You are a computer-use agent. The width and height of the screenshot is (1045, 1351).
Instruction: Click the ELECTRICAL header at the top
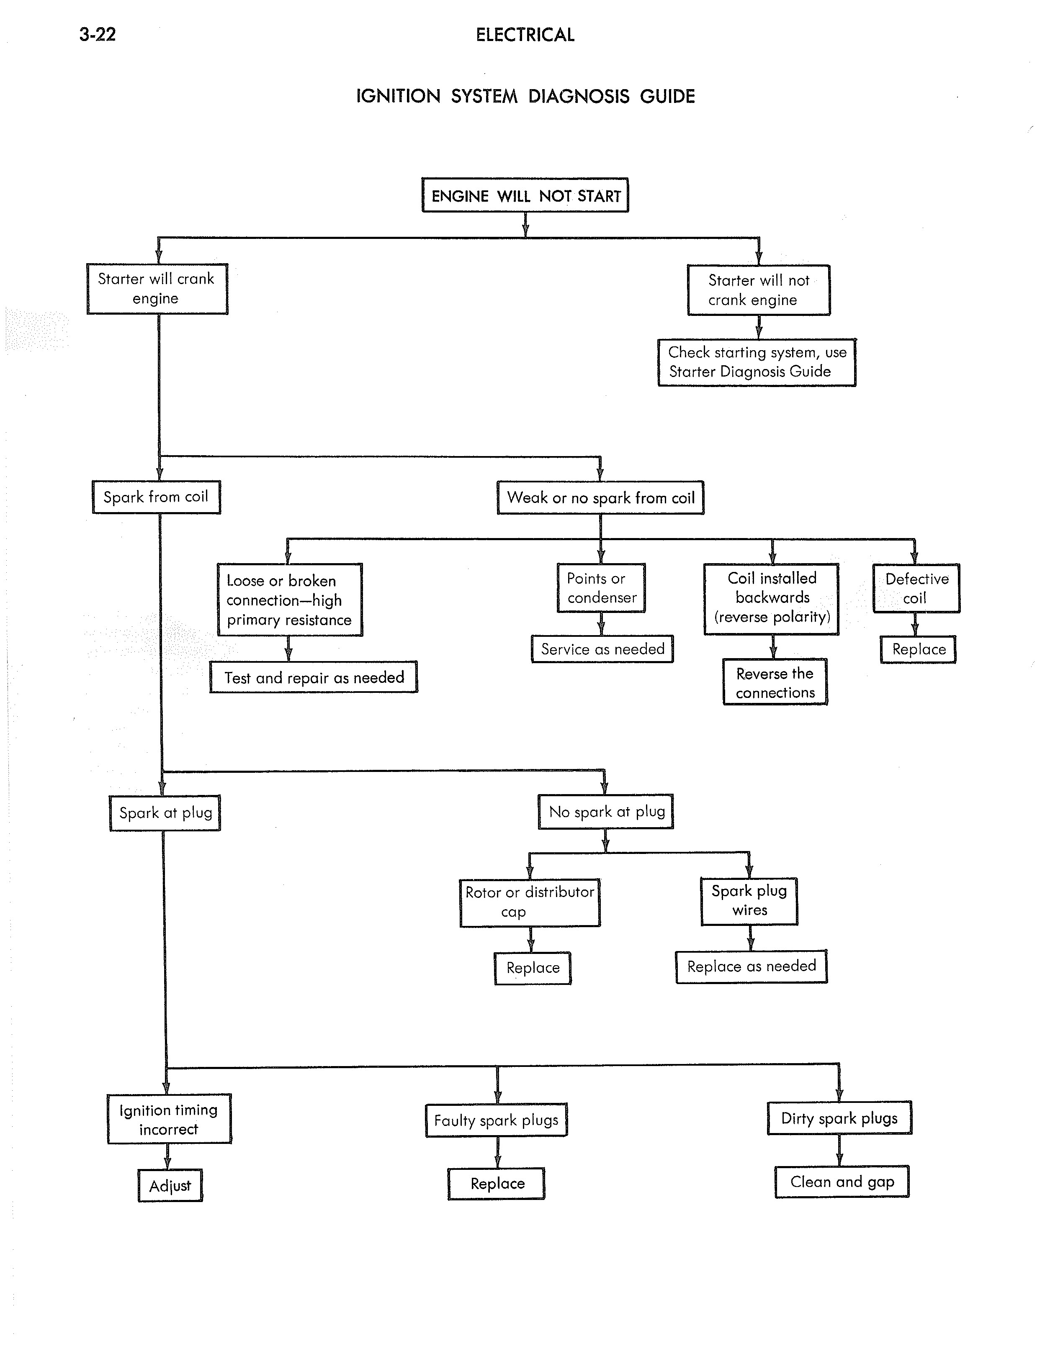tap(525, 35)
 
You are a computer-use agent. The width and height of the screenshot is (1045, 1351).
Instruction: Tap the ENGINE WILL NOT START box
tap(525, 195)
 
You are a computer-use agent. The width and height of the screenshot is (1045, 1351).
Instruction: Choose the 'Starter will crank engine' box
tap(157, 289)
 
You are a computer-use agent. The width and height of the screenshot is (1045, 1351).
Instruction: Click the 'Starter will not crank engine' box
tap(759, 290)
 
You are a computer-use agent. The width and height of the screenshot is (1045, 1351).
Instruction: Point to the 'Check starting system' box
tap(757, 362)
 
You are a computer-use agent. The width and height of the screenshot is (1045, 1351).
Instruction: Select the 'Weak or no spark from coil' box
tap(600, 497)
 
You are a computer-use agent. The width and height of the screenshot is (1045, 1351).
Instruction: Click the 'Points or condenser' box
tap(601, 588)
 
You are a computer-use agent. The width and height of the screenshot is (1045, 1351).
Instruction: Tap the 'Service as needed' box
tap(602, 649)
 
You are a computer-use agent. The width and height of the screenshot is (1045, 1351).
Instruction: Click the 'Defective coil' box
tap(916, 588)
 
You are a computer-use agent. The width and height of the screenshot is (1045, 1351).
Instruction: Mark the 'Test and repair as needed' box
tap(314, 677)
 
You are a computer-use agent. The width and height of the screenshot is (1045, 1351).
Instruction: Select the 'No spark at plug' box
tap(606, 812)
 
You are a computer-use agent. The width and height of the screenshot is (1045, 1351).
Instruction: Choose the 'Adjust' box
tap(170, 1186)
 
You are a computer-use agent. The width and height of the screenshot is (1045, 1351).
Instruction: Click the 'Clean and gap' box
tap(842, 1182)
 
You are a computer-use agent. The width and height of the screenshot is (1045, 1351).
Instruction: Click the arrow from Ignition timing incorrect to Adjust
tap(167, 1156)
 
